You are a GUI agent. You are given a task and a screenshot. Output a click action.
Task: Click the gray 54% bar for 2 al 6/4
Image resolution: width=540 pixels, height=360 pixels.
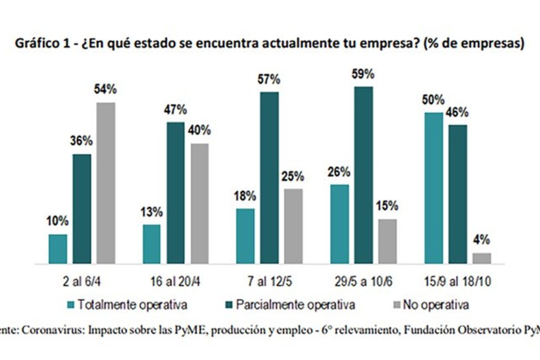coord(106,183)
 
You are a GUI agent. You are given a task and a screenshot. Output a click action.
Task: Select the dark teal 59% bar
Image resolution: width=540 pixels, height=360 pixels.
coord(364,175)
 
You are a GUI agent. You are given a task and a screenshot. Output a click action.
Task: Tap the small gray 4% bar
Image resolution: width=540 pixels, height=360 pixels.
coord(482,258)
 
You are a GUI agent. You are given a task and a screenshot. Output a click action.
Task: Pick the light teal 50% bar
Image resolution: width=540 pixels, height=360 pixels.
coord(433,188)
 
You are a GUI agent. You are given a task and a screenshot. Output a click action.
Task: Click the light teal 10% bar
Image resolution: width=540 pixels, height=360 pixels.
coord(58,249)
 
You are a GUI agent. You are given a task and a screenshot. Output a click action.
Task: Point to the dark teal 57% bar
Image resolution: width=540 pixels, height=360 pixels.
coord(270,178)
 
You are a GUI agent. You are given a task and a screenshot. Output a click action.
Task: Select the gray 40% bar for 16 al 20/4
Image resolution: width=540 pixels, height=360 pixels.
coord(200,204)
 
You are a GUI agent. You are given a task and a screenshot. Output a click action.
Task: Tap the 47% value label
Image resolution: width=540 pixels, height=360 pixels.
coord(176,110)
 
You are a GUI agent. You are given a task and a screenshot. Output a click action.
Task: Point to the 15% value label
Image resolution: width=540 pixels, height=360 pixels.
coord(387,207)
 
